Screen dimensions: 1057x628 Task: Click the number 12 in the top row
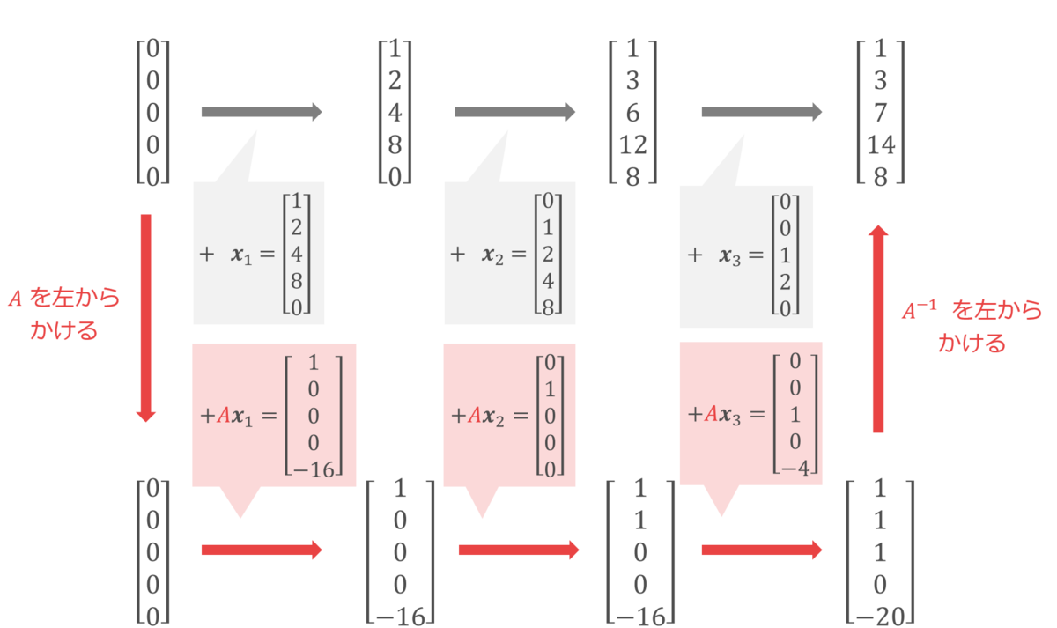[x=632, y=144]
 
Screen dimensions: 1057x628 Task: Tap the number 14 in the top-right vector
[x=881, y=144]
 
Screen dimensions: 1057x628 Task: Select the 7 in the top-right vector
[x=881, y=113]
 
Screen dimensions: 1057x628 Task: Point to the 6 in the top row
[x=632, y=113]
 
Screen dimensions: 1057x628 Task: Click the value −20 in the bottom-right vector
[x=881, y=617]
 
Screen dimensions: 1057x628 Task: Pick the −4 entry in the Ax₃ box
[x=795, y=469]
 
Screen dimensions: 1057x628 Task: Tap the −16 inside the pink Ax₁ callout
[x=314, y=469]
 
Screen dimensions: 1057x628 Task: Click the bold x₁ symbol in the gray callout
[x=241, y=255]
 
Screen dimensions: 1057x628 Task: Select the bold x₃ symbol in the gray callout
[x=730, y=256]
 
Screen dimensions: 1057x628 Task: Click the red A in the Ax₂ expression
[x=474, y=415]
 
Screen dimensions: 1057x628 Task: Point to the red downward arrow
[x=146, y=319]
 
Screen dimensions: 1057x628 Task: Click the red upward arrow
[x=878, y=329]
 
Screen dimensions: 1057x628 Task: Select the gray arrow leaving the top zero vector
[x=262, y=112]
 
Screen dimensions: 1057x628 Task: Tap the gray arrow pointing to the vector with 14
[x=762, y=112]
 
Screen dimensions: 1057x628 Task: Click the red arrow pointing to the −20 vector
[x=762, y=550]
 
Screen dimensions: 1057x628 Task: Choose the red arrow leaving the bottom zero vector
[x=262, y=550]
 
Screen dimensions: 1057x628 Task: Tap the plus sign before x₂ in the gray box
[x=458, y=255]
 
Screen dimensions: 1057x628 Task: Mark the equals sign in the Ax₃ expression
[x=758, y=414]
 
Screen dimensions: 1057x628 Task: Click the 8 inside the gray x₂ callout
[x=548, y=307]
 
